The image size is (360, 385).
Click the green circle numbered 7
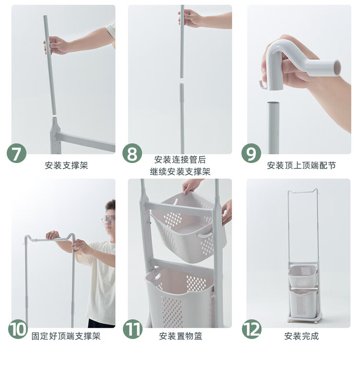[16, 153]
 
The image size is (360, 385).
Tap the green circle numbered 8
[132, 153]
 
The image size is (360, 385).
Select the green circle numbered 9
[251, 153]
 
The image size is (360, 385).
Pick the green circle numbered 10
[18, 329]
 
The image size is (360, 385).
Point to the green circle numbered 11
[132, 329]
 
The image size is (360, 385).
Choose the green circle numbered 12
[252, 329]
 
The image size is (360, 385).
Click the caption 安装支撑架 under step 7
[66, 165]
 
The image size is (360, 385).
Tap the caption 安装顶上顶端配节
[301, 165]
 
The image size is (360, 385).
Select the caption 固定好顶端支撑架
[66, 336]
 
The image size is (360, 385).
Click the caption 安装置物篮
[180, 336]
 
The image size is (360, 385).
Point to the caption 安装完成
[301, 336]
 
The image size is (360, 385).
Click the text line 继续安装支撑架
[180, 171]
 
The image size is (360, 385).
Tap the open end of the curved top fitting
[337, 68]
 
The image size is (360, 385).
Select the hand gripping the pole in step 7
[55, 45]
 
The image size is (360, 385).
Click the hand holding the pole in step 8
[189, 18]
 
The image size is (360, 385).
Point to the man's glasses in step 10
[108, 218]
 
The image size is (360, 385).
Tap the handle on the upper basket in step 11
[204, 234]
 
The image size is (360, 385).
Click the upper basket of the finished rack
[303, 276]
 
